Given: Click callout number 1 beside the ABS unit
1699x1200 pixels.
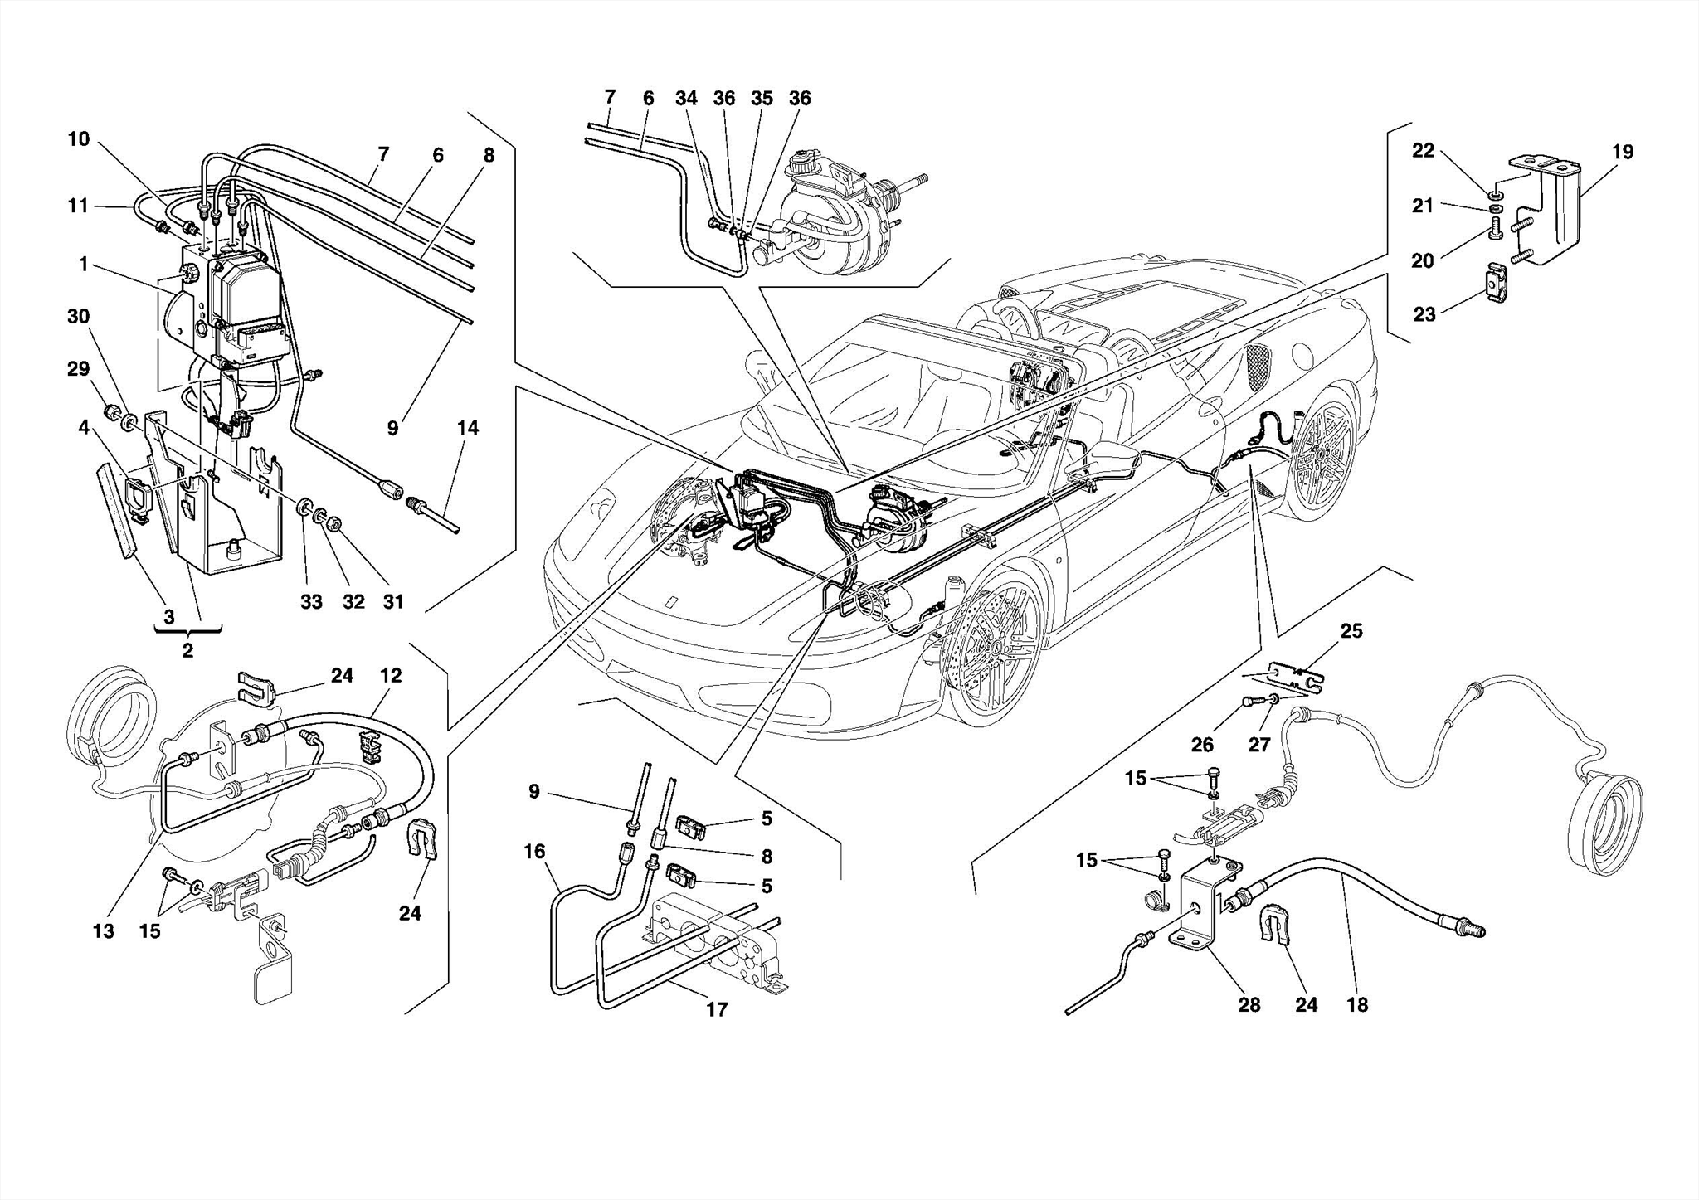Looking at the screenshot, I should click(84, 265).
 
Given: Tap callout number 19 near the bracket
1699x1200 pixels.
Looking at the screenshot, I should click(1623, 152).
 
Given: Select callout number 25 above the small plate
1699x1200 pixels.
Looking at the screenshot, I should click(1351, 631).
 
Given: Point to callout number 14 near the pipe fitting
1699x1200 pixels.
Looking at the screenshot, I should click(468, 428).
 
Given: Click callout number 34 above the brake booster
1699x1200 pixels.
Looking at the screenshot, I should click(686, 98).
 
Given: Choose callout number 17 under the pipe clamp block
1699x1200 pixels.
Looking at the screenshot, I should click(717, 1009).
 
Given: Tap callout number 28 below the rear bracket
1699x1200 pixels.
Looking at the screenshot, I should click(1249, 1005).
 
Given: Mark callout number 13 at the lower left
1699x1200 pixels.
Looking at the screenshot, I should click(103, 931).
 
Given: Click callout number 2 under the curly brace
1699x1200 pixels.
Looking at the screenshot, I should click(187, 651).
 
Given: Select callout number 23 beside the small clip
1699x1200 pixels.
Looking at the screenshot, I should click(1424, 315).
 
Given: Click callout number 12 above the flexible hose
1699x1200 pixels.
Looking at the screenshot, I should click(391, 675).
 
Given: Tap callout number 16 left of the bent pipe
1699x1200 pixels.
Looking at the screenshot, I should click(534, 852).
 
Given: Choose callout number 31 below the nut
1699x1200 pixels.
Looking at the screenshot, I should click(393, 602).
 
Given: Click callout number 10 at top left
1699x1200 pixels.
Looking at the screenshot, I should click(79, 138).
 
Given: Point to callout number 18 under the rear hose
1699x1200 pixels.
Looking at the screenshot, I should click(1356, 1005).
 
